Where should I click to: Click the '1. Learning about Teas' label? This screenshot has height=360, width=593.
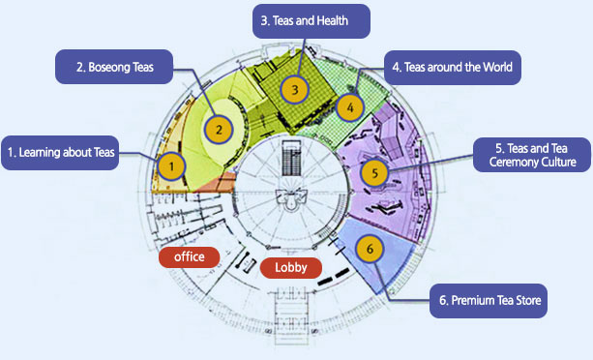tap(60, 152)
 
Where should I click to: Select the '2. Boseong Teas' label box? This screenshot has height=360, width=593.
tap(114, 69)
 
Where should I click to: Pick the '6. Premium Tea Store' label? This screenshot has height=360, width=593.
tap(489, 300)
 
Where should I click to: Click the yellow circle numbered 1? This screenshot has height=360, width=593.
tap(171, 166)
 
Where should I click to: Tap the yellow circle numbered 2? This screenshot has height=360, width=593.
tap(220, 128)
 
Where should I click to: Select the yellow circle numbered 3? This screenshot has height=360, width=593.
tap(294, 90)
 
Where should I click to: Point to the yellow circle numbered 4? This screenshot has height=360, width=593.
tap(350, 105)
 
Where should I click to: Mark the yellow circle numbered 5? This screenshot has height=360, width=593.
tap(373, 173)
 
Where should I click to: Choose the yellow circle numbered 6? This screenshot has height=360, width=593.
tap(369, 249)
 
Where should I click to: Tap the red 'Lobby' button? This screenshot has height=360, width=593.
tap(290, 267)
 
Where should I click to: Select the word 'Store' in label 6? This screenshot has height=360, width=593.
tap(522, 300)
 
